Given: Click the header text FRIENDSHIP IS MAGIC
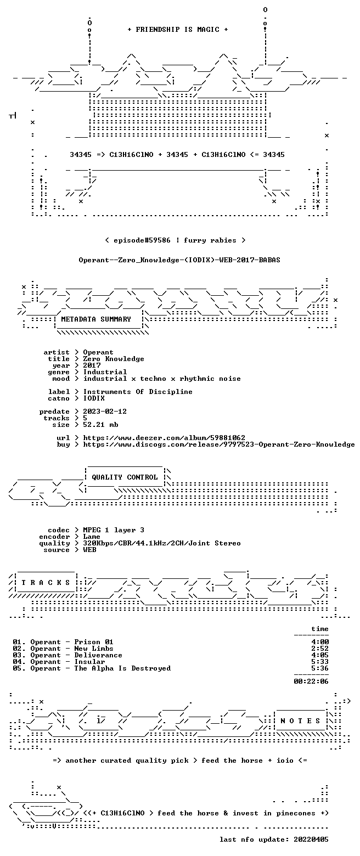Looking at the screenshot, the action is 178,30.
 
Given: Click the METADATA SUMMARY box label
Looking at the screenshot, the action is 96,319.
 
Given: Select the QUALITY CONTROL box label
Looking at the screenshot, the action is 125,477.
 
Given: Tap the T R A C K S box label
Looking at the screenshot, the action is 46,582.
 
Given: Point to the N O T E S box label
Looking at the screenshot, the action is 300,720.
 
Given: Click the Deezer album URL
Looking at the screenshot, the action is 164,438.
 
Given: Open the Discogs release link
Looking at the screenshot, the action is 219,444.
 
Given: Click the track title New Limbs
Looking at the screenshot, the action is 94,649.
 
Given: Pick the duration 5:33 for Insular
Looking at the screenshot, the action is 320,662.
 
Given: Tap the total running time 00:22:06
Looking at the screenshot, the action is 311,682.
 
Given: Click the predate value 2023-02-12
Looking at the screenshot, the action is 105,412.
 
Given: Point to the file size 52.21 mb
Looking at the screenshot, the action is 101,425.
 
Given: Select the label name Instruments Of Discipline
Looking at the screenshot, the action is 138,392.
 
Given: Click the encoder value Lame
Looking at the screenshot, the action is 92,537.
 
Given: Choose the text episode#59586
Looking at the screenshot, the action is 142,240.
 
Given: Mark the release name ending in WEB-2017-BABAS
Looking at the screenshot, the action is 179,260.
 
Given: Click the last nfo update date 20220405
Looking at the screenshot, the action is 311,840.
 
